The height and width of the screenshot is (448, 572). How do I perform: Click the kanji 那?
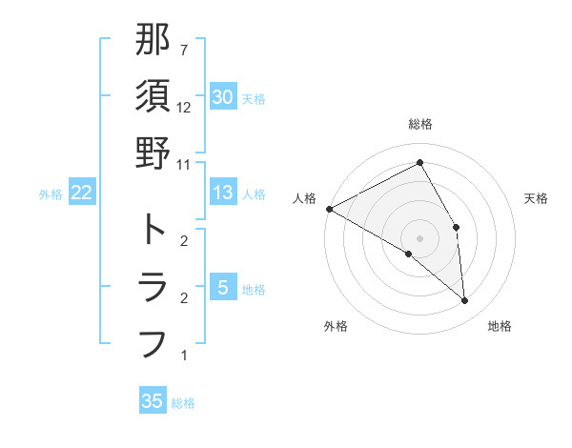[x=153, y=41]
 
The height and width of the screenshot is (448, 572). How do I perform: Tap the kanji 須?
[x=153, y=96]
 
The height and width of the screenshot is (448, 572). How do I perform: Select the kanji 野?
[x=153, y=153]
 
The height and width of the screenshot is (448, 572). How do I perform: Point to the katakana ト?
[x=153, y=230]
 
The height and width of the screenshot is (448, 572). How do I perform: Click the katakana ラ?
[x=153, y=286]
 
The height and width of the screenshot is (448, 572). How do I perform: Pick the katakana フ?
[x=153, y=342]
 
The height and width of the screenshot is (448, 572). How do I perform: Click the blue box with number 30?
[x=222, y=96]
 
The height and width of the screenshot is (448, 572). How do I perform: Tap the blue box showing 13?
[x=222, y=193]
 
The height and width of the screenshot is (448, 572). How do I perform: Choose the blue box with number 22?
[x=82, y=193]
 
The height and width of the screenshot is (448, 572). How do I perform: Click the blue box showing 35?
[x=153, y=400]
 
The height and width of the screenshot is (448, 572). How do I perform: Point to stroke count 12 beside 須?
[x=184, y=108]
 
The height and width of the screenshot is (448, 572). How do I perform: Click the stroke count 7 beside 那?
[x=184, y=50]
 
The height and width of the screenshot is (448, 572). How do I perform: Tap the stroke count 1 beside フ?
[x=184, y=356]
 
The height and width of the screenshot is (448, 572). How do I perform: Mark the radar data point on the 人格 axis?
[x=329, y=208]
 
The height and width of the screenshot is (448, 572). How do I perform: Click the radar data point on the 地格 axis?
[x=464, y=301]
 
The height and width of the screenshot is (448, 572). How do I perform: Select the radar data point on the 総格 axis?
[x=419, y=163]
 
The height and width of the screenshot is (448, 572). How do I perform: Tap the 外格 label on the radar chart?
[x=336, y=327]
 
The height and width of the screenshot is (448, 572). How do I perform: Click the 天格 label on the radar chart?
[x=536, y=198]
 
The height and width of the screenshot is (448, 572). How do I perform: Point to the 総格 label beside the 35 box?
[x=184, y=403]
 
